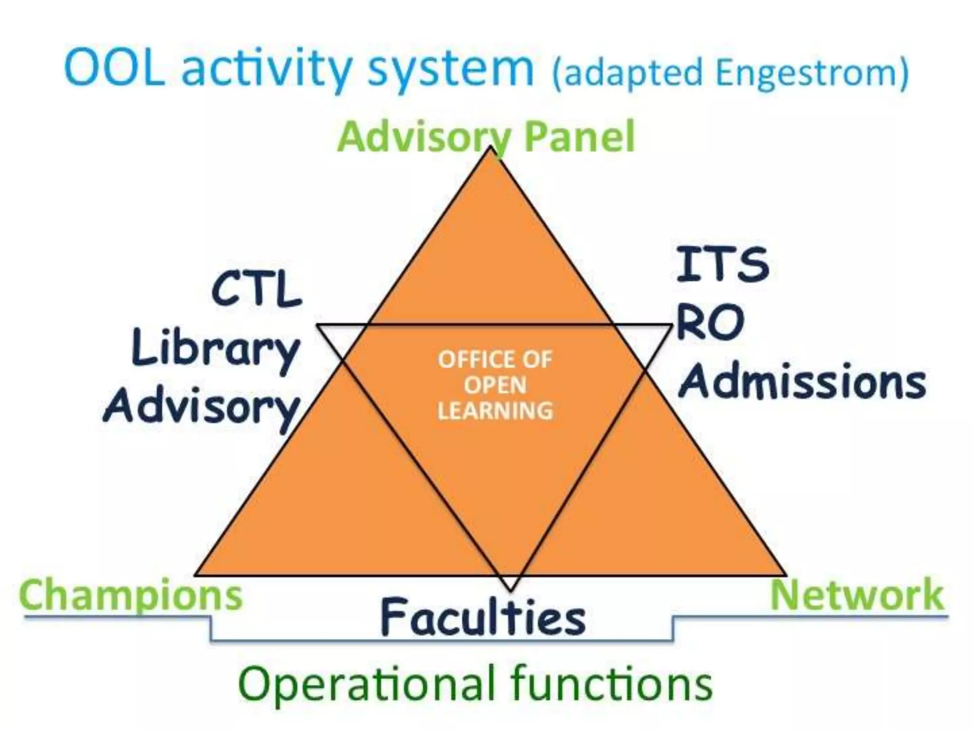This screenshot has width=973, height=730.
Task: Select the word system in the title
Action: click(x=450, y=71)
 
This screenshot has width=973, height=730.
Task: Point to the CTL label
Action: click(x=257, y=289)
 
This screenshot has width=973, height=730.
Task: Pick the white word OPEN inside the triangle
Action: click(x=495, y=385)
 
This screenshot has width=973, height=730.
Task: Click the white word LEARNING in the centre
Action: click(x=495, y=411)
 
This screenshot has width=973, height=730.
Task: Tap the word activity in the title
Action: click(x=266, y=71)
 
